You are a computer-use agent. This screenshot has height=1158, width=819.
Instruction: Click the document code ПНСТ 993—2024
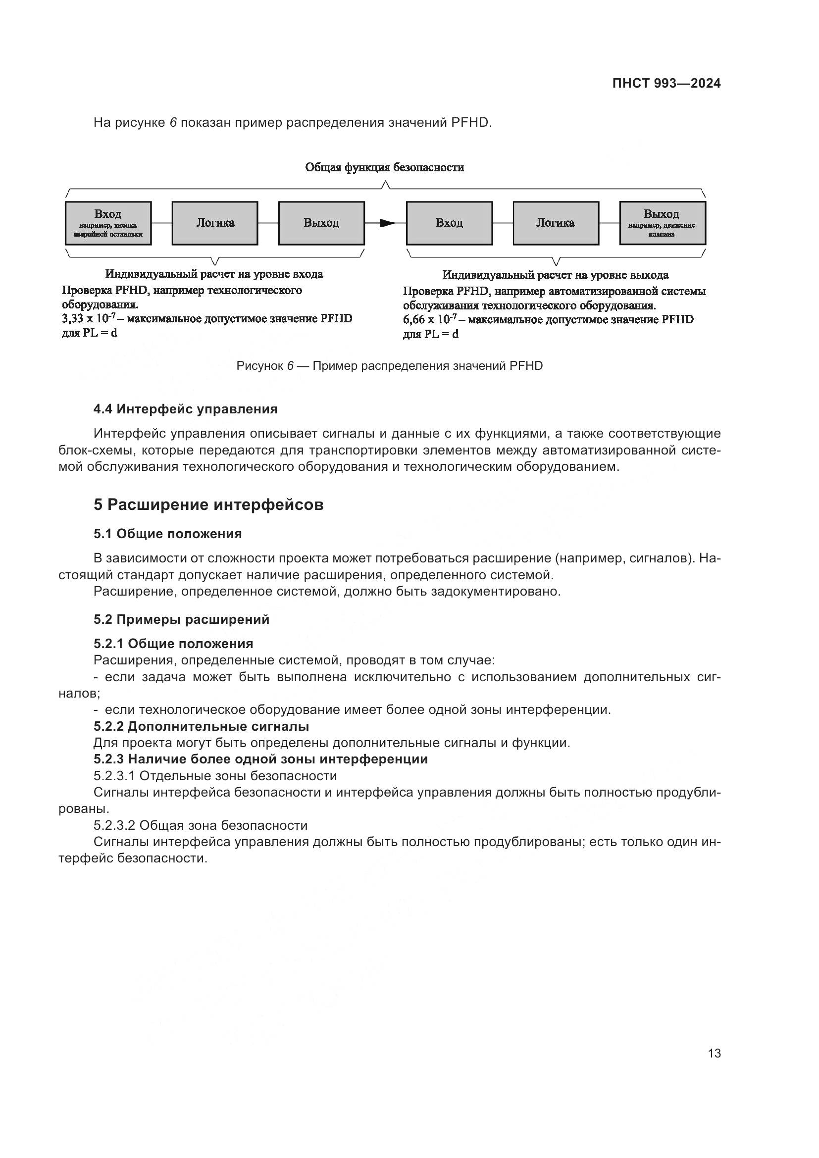[x=666, y=84]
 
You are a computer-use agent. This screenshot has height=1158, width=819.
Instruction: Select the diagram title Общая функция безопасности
[x=384, y=167]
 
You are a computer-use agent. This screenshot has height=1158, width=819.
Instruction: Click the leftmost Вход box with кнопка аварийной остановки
[x=108, y=223]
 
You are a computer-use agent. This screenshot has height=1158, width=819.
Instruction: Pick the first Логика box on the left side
[x=215, y=223]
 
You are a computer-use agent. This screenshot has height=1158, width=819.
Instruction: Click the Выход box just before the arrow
[x=321, y=223]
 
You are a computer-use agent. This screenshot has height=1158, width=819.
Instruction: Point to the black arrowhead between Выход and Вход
[x=387, y=223]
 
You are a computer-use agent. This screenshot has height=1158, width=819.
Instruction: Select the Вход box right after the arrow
[x=449, y=223]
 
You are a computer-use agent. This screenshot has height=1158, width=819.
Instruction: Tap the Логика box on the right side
[x=555, y=223]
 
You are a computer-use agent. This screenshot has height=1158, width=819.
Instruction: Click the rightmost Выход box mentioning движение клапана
[x=662, y=223]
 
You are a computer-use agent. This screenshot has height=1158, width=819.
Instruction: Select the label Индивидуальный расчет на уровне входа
[x=214, y=274]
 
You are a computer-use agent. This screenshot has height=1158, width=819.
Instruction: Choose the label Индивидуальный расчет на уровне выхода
[x=555, y=275]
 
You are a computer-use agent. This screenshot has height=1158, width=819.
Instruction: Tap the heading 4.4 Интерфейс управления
[x=186, y=409]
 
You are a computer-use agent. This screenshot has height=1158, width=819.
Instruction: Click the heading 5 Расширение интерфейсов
[x=208, y=505]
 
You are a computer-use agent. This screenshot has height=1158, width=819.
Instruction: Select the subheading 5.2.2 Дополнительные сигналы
[x=201, y=726]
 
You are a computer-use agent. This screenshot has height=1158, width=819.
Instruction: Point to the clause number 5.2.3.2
[x=114, y=825]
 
